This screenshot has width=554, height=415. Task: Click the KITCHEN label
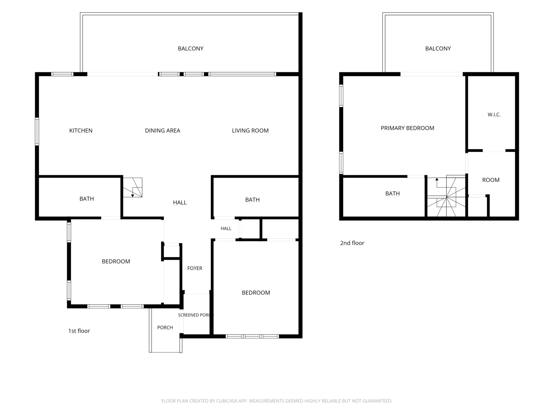(x=81, y=131)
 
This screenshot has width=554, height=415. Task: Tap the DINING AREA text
(x=162, y=131)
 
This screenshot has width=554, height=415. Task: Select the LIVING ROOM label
(x=250, y=131)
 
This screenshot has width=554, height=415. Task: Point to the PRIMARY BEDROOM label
(x=407, y=128)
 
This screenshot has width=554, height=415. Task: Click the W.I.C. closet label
(x=494, y=115)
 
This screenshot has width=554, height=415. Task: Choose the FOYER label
(x=195, y=268)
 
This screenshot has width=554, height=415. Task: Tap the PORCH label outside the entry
(x=165, y=327)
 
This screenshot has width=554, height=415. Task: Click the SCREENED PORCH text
(x=195, y=315)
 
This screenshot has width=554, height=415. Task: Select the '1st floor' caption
(x=79, y=331)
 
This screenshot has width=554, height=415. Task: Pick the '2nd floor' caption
(x=352, y=243)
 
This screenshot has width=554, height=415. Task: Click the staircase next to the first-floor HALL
(x=132, y=188)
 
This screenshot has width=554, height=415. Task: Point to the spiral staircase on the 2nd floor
(x=446, y=196)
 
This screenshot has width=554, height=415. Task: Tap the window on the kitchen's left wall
(x=37, y=131)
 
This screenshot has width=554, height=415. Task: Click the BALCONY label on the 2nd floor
(x=438, y=48)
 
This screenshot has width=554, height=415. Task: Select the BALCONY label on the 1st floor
(x=190, y=48)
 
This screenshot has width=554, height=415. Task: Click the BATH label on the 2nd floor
(x=392, y=194)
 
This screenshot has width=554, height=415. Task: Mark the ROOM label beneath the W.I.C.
(x=491, y=180)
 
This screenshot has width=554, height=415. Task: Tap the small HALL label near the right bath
(x=226, y=229)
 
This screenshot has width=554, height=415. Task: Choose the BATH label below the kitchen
(x=87, y=199)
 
